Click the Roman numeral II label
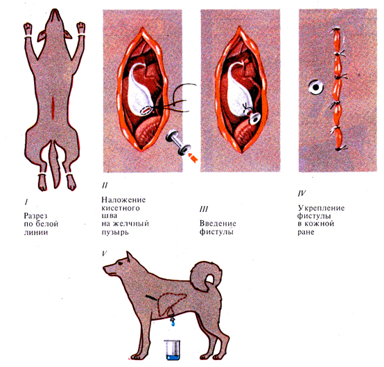(105, 185)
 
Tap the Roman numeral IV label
(302, 193)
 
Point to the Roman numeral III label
(204, 209)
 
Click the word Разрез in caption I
(35, 217)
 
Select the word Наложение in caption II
(123, 200)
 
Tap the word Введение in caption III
(218, 224)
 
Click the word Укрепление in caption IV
(321, 208)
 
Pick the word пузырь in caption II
(115, 232)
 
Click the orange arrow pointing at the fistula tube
(193, 158)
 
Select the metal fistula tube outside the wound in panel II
(178, 143)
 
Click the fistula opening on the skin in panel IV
(316, 87)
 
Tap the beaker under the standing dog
(173, 350)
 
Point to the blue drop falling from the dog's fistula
(173, 323)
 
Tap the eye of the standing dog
(121, 263)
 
